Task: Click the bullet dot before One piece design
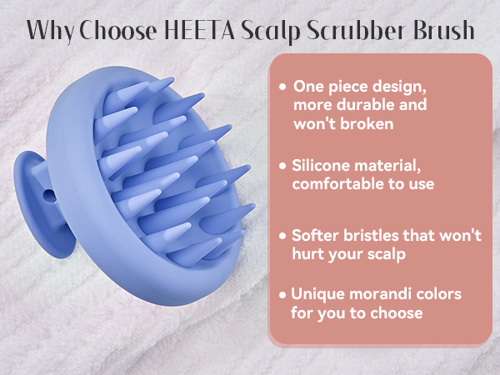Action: pyautogui.click(x=284, y=87)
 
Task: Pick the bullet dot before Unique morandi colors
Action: pyautogui.click(x=284, y=294)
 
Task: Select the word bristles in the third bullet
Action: pyautogui.click(x=377, y=236)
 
